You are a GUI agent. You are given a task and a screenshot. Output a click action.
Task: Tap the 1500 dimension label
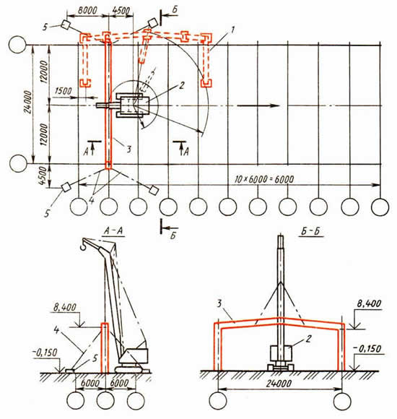tap(63, 91)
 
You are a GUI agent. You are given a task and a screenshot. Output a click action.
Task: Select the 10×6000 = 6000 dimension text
tap(264, 179)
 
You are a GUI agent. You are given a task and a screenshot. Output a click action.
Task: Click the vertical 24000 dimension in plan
tap(27, 103)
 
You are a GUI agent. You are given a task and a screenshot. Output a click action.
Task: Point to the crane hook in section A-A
tap(82, 244)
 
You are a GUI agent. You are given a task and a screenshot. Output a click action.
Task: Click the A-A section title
tap(113, 231)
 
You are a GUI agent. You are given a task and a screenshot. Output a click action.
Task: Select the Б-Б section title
tap(311, 231)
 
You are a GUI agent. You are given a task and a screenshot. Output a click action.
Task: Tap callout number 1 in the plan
tap(233, 30)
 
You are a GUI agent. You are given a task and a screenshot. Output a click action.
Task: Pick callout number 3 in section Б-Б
tap(219, 304)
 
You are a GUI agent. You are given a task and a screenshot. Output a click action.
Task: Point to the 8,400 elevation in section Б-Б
tap(368, 304)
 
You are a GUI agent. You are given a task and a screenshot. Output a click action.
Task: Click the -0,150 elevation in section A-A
tap(45, 353)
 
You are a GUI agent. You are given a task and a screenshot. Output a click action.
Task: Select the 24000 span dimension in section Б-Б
tap(279, 384)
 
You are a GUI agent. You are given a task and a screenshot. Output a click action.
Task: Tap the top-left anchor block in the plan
tap(66, 25)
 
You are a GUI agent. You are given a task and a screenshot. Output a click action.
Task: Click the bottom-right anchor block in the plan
tap(154, 190)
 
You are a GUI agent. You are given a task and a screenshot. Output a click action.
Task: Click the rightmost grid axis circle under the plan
tap(380, 207)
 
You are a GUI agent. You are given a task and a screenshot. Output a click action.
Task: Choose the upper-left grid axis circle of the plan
tap(17, 45)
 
